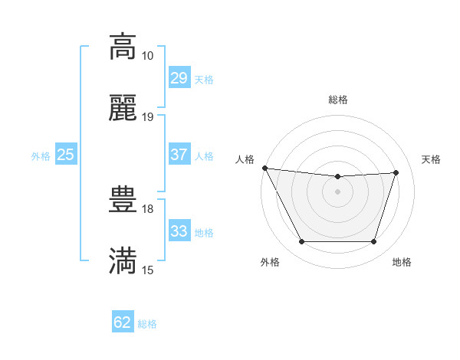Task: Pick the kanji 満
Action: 123,261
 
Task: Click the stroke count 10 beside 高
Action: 147,56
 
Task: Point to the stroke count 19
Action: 147,117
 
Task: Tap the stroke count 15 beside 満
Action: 147,270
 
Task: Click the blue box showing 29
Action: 179,78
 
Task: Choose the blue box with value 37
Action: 179,155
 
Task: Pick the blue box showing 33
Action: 179,231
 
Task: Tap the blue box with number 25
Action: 66,155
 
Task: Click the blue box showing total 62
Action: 123,322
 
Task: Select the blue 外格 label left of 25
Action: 41,156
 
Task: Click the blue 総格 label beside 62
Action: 147,324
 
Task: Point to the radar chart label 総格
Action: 337,100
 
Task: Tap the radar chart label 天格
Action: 431,159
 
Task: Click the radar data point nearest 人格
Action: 264,168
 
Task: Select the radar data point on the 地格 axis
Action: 373,242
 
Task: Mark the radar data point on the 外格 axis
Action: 301,242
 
